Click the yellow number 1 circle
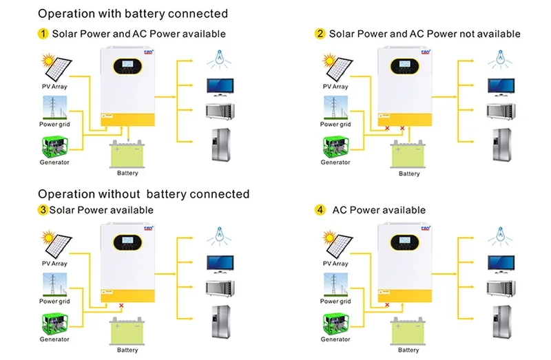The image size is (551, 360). (43, 33)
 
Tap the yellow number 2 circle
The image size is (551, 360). (320, 34)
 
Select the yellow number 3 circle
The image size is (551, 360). (43, 210)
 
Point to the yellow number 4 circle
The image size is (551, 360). (320, 210)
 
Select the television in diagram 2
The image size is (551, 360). (499, 87)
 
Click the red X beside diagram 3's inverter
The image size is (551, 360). (121, 305)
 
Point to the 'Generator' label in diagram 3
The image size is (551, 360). (54, 339)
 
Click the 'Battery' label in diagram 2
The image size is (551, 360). (409, 173)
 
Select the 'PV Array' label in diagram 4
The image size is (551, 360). (335, 264)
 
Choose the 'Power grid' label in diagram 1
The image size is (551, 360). (54, 125)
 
